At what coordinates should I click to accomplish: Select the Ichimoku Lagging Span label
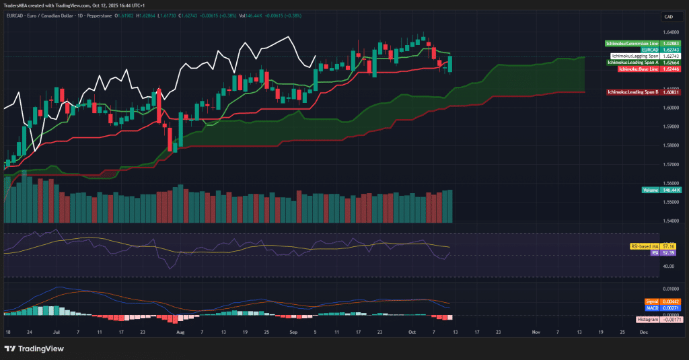[x=634, y=56]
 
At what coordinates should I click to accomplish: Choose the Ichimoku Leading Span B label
[x=633, y=92]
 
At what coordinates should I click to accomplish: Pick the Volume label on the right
[x=651, y=190]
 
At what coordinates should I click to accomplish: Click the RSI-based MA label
[x=645, y=246]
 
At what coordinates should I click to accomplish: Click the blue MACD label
[x=652, y=308]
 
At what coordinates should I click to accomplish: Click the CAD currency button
[x=669, y=16]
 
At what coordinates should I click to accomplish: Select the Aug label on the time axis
[x=180, y=332]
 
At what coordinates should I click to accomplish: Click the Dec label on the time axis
[x=644, y=332]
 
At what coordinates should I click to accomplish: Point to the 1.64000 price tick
[x=669, y=32]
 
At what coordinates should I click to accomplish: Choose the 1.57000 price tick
[x=669, y=164]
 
